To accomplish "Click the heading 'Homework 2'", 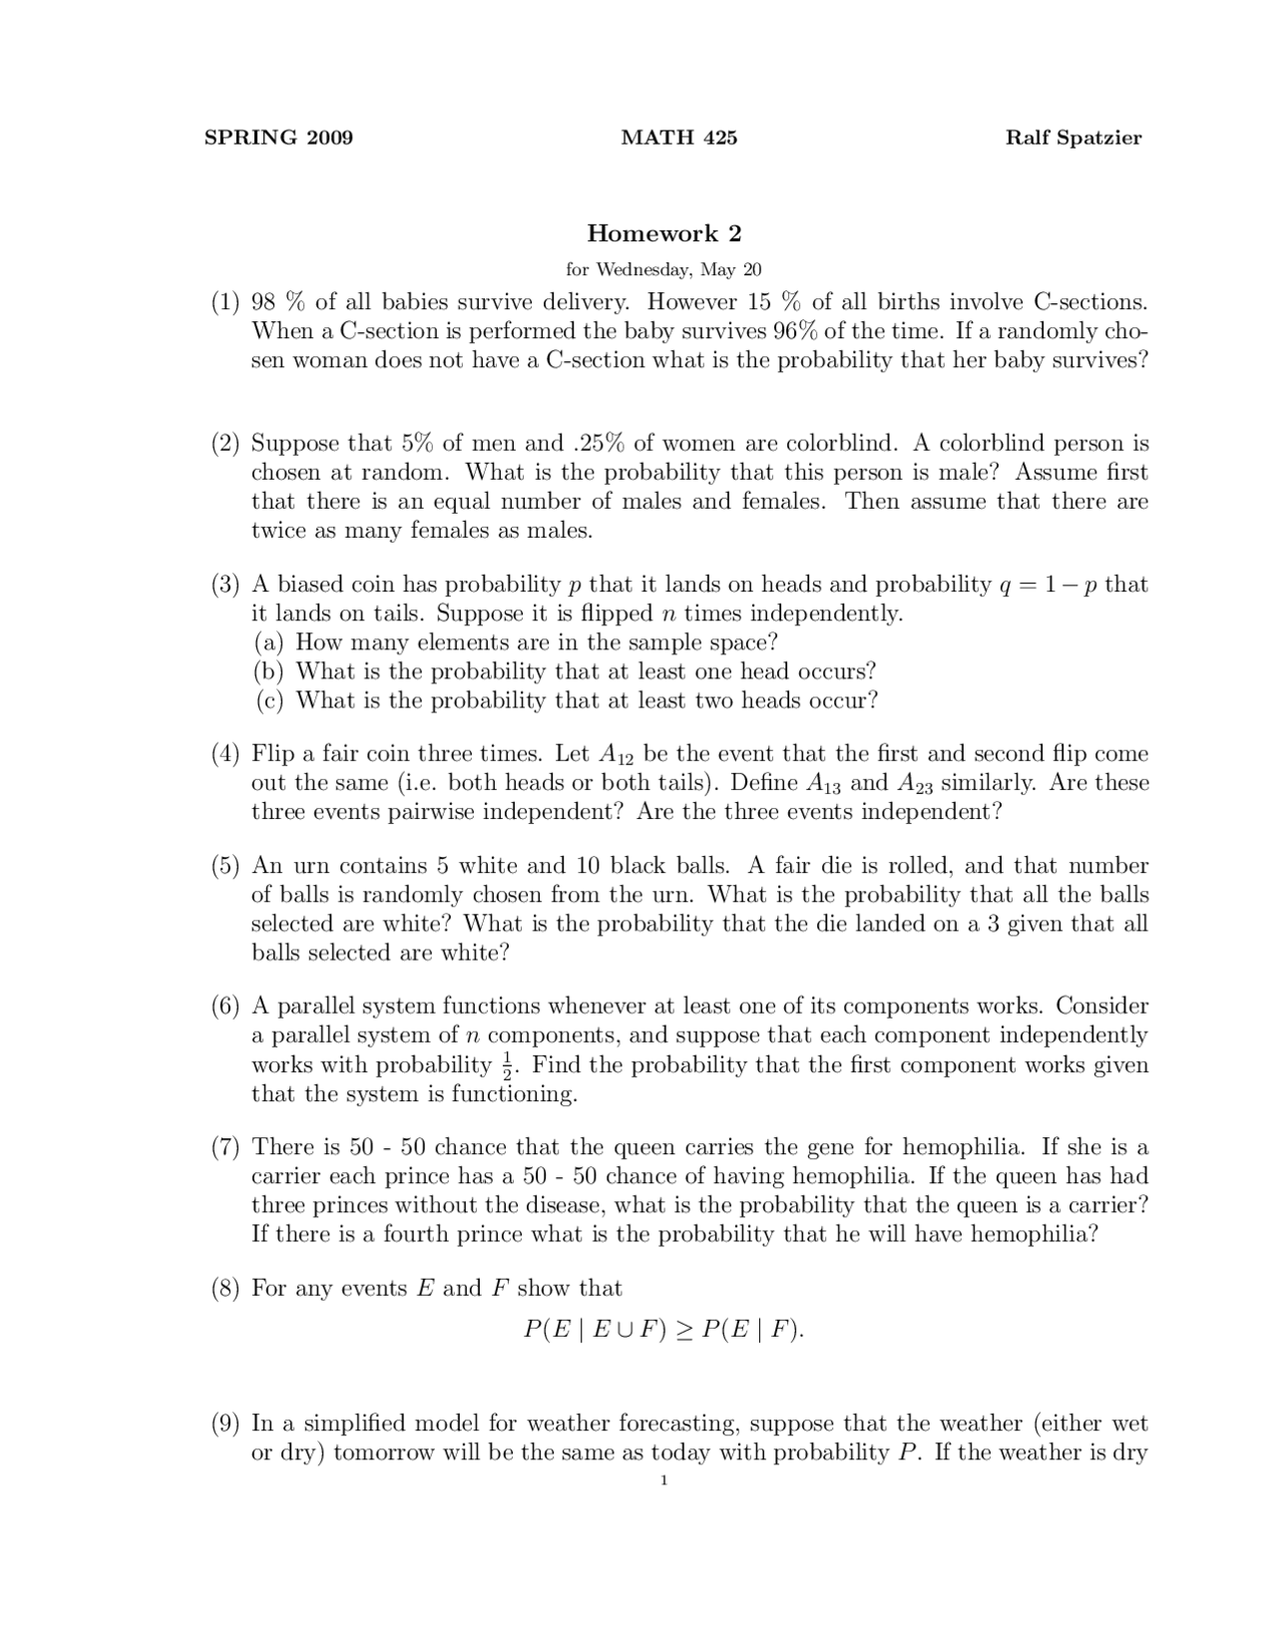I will (663, 233).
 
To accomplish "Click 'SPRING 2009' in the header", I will (278, 138).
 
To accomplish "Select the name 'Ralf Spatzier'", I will (1072, 138).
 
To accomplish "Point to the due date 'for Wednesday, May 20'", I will (663, 269).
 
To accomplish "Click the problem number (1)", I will (225, 302).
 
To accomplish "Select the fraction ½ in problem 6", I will (507, 1065).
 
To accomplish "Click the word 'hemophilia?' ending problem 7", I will (1034, 1235).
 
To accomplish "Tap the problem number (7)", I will (225, 1148).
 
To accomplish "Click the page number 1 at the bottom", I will (663, 1480).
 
